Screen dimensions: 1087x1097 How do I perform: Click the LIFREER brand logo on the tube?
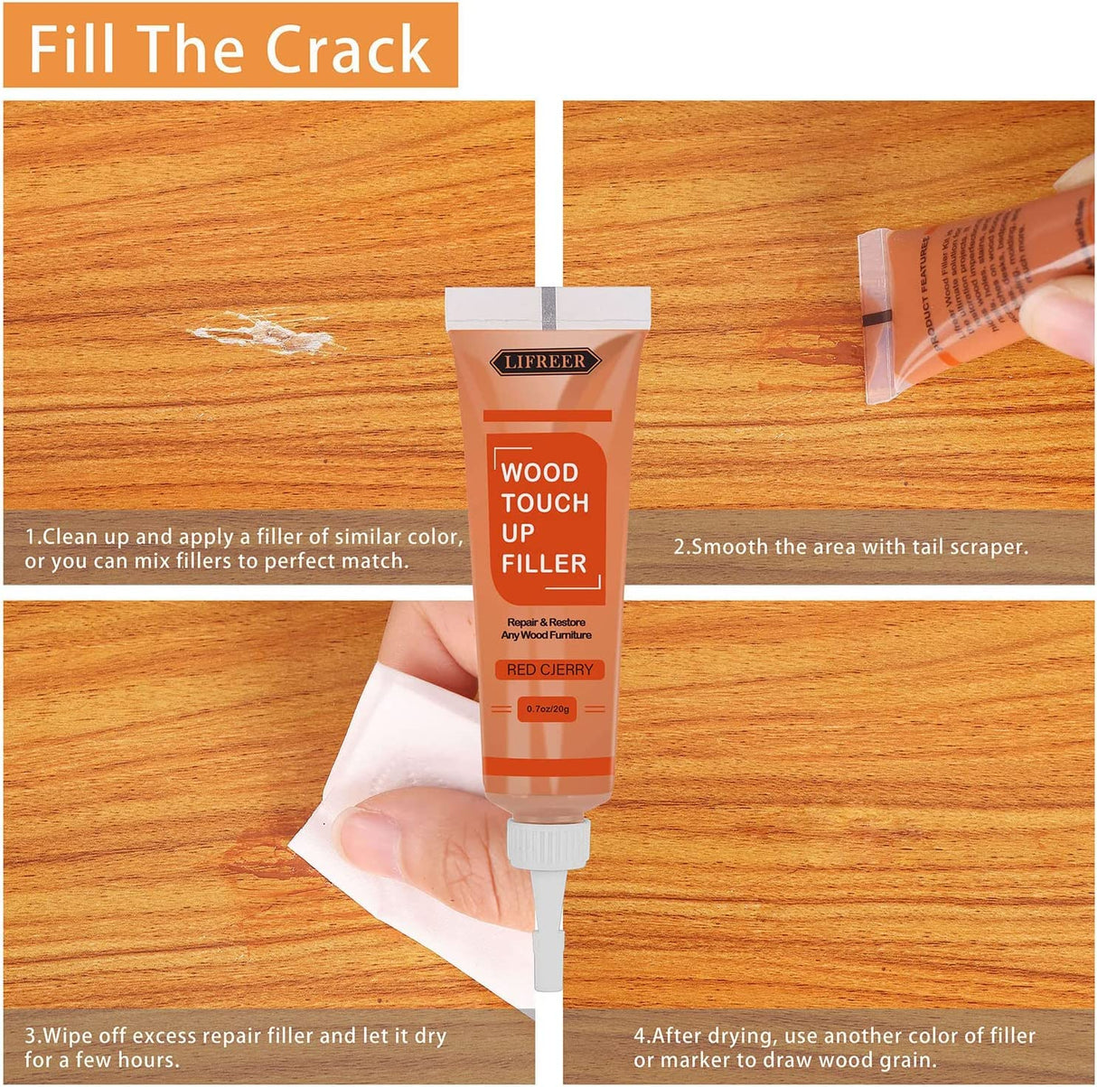coord(545,361)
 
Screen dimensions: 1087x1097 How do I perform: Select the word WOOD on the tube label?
coord(539,473)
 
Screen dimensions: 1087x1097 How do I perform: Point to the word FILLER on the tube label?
coord(544,564)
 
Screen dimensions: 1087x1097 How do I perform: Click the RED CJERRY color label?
coord(549,670)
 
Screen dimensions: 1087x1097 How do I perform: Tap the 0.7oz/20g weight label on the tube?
coord(548,709)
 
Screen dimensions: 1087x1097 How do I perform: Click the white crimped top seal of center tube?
coord(548,305)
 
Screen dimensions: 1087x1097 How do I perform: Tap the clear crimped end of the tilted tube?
coord(875,316)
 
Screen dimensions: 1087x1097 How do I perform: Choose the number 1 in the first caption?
coord(31,537)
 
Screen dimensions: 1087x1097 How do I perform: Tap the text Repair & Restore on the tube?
coord(546,623)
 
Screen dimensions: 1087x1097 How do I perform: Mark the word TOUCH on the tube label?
coord(545,503)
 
